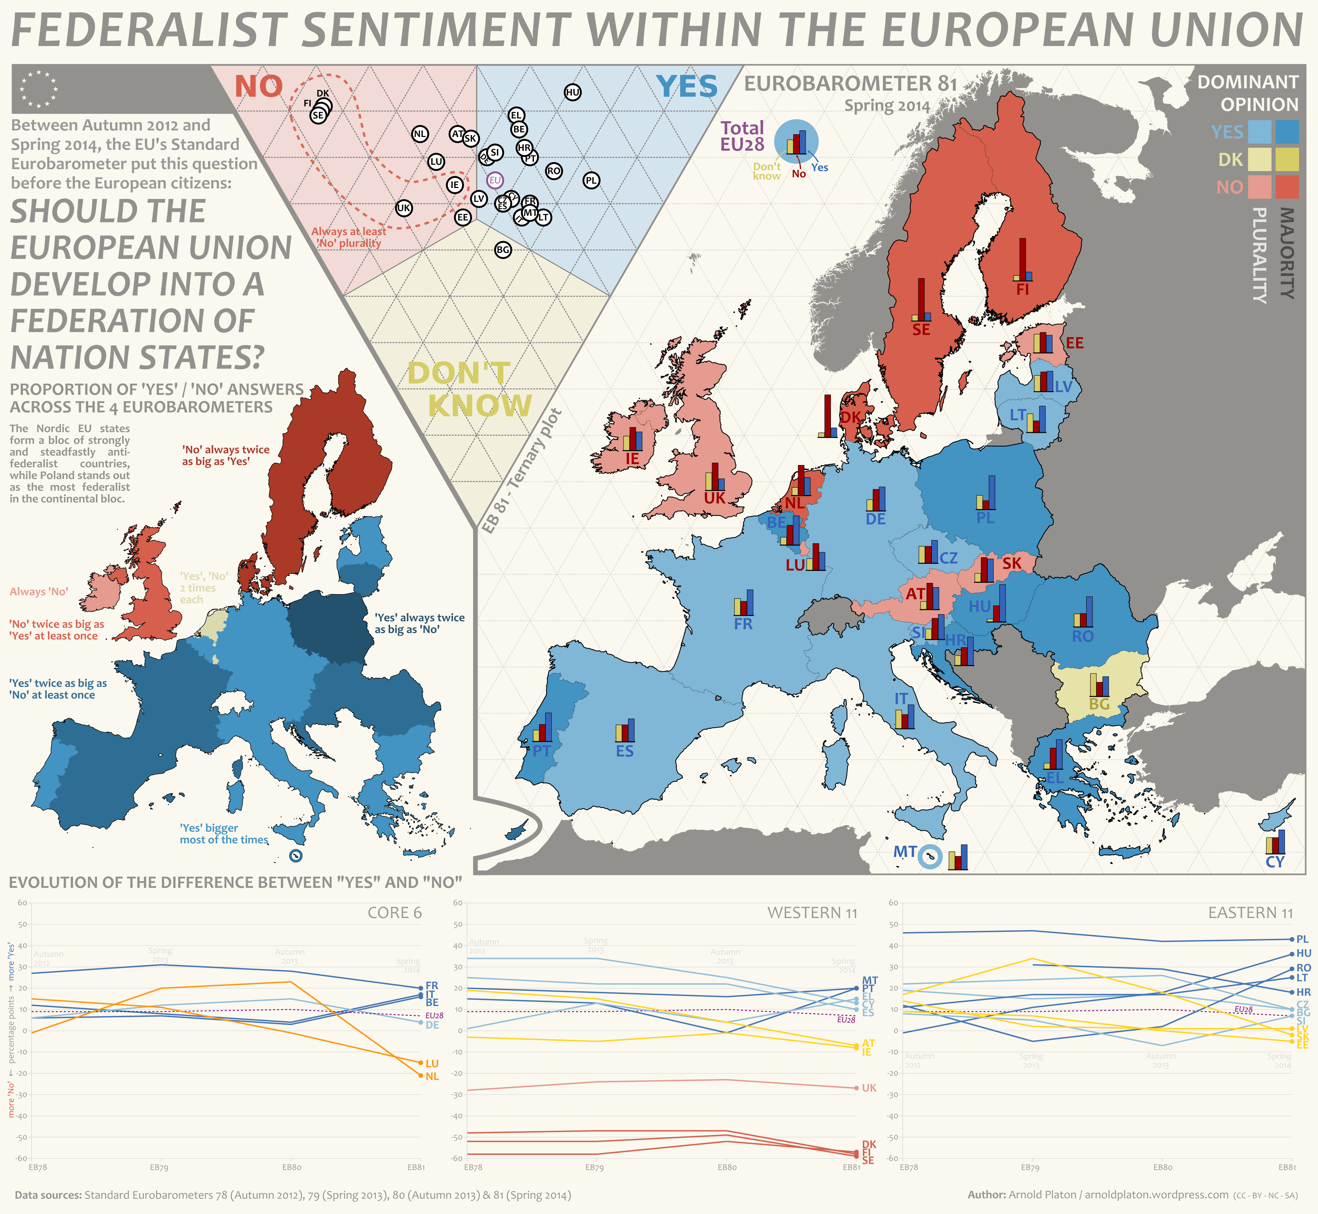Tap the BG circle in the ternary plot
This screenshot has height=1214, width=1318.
pos(503,249)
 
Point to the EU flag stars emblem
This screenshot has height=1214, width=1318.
pos(38,89)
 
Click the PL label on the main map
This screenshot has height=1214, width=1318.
pos(985,518)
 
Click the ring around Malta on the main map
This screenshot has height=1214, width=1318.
pos(930,857)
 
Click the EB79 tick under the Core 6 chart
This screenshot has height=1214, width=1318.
pos(159,1167)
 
